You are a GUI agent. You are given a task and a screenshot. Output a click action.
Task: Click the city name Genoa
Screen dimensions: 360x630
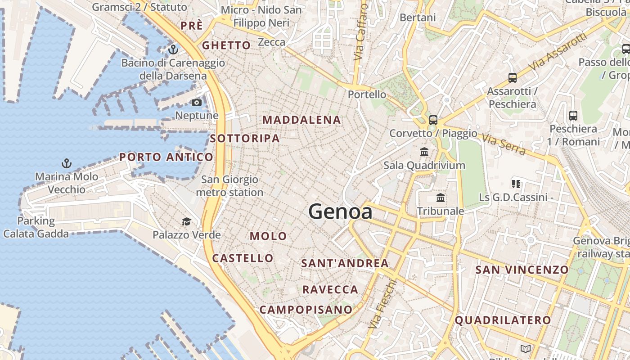[341, 211]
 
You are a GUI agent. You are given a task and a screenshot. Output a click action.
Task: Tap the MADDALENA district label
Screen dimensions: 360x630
[301, 120]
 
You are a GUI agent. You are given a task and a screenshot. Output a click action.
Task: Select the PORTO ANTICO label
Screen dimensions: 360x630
[166, 157]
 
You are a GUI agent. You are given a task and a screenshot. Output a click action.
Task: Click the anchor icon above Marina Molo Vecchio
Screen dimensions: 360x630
[67, 163]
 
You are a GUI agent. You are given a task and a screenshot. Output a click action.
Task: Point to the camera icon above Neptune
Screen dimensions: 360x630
[197, 103]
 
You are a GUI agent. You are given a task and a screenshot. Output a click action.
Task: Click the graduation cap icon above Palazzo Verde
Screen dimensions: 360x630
[186, 221]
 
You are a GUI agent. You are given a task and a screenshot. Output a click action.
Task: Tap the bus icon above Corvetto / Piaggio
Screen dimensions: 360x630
[433, 120]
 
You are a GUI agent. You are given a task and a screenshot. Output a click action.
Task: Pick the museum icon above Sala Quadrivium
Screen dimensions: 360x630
[424, 152]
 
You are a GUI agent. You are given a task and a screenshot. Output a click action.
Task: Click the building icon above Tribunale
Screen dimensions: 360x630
[441, 198]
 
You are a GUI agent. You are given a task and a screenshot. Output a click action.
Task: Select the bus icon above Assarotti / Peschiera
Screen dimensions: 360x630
[512, 78]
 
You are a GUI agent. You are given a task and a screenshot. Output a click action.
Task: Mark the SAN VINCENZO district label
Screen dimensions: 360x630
[522, 270]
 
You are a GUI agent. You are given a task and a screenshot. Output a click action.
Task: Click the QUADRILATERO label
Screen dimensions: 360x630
[503, 320]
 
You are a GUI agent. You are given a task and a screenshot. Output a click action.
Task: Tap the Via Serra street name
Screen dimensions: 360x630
[504, 144]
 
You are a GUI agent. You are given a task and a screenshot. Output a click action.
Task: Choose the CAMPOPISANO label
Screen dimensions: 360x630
[306, 310]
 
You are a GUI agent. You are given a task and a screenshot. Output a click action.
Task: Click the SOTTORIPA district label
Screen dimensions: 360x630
[245, 139]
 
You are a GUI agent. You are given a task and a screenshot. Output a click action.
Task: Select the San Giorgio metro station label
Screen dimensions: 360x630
[229, 186]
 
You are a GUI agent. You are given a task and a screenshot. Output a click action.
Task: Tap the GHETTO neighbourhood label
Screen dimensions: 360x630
[226, 45]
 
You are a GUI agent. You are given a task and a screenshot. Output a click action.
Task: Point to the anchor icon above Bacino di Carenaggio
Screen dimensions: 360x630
[173, 49]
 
